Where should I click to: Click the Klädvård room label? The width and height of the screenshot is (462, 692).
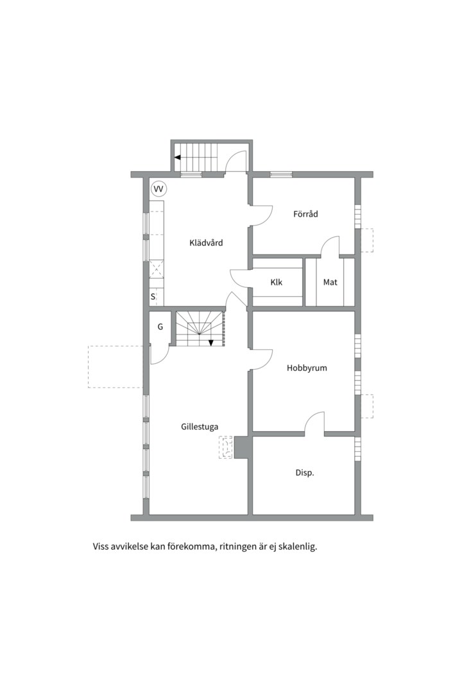(x=206, y=243)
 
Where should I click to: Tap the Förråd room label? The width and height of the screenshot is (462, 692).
(x=305, y=214)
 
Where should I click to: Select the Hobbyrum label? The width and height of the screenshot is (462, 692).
(x=307, y=368)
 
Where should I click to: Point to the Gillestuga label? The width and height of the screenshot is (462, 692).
(x=200, y=425)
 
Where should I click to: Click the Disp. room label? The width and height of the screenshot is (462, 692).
(x=304, y=473)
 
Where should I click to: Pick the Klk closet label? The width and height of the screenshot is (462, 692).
(x=277, y=282)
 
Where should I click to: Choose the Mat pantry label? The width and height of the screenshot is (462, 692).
(x=330, y=282)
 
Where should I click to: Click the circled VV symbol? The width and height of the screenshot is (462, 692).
(x=158, y=189)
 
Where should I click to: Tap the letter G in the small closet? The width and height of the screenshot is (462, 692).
(x=160, y=327)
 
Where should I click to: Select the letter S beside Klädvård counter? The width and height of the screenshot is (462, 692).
(x=153, y=297)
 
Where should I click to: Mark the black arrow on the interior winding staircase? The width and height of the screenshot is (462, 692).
(x=211, y=342)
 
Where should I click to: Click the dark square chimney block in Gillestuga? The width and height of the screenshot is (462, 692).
(x=242, y=447)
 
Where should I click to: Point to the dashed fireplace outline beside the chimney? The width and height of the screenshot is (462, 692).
(x=226, y=447)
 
